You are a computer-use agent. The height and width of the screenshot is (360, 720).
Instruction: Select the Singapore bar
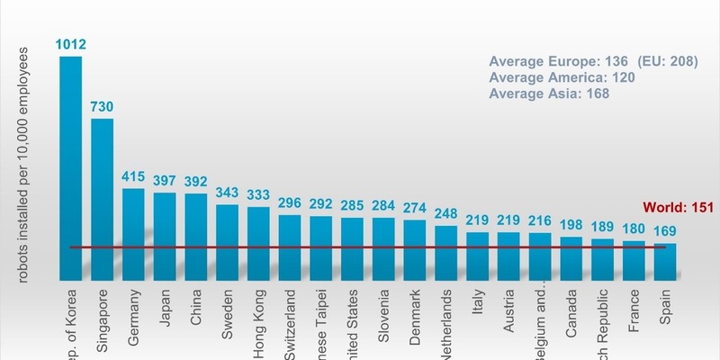(x=102, y=198)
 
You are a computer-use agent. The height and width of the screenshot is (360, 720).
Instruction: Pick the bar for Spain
(x=665, y=261)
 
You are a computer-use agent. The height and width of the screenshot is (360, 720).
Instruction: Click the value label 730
(x=102, y=107)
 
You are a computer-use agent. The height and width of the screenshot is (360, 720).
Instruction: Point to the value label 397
(x=165, y=181)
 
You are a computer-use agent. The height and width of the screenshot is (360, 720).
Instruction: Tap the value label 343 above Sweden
(x=227, y=193)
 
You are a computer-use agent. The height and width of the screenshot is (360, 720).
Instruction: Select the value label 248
(x=445, y=214)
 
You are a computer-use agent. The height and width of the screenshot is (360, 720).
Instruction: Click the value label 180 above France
(x=634, y=229)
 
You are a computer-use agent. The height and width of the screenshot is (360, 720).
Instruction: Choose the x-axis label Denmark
(x=415, y=312)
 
